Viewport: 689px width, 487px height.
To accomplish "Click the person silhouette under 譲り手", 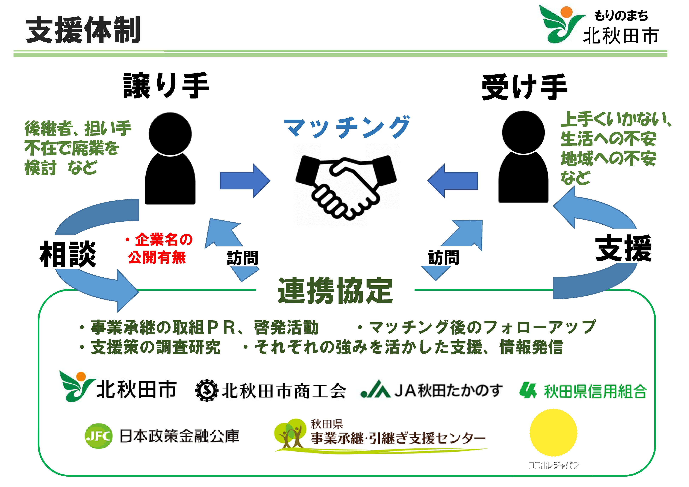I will click(170, 159).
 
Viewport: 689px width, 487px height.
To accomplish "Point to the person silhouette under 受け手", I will click(523, 157).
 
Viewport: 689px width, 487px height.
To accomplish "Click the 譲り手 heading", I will click(166, 86).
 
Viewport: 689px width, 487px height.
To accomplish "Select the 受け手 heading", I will click(524, 87).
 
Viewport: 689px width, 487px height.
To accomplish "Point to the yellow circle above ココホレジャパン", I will click(553, 433).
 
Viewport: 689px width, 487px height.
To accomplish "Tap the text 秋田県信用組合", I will click(595, 391).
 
